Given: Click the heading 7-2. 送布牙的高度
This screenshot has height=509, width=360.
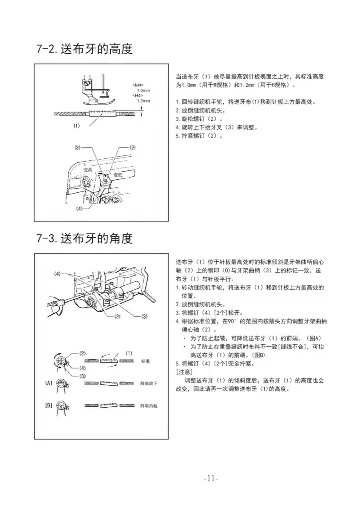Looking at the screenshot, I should (84, 49).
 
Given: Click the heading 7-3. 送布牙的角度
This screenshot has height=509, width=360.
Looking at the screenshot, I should (84, 238).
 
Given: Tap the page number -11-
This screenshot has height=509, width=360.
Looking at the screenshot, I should (211, 479).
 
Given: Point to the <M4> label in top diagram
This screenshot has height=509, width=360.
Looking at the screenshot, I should (138, 85).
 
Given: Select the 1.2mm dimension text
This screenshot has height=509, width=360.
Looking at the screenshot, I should (143, 101).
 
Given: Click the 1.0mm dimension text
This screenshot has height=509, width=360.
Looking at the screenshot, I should (143, 90).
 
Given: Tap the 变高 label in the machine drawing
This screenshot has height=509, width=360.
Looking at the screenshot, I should (88, 170).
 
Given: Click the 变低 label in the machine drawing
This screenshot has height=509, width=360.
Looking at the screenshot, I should (118, 175).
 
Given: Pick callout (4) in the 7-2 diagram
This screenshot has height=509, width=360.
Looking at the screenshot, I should (79, 209).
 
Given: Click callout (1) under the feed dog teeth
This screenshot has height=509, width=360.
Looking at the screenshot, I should (77, 126).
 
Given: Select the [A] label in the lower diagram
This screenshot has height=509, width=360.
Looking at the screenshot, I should (49, 383).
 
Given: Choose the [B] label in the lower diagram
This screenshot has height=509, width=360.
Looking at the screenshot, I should (49, 405).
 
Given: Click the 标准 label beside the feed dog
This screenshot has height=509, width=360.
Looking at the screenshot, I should (145, 361).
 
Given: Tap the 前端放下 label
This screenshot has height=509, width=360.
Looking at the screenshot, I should (148, 383).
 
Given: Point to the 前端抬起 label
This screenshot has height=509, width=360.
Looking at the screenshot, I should (148, 406).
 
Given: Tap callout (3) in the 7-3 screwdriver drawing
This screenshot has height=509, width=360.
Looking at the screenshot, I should (144, 316).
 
